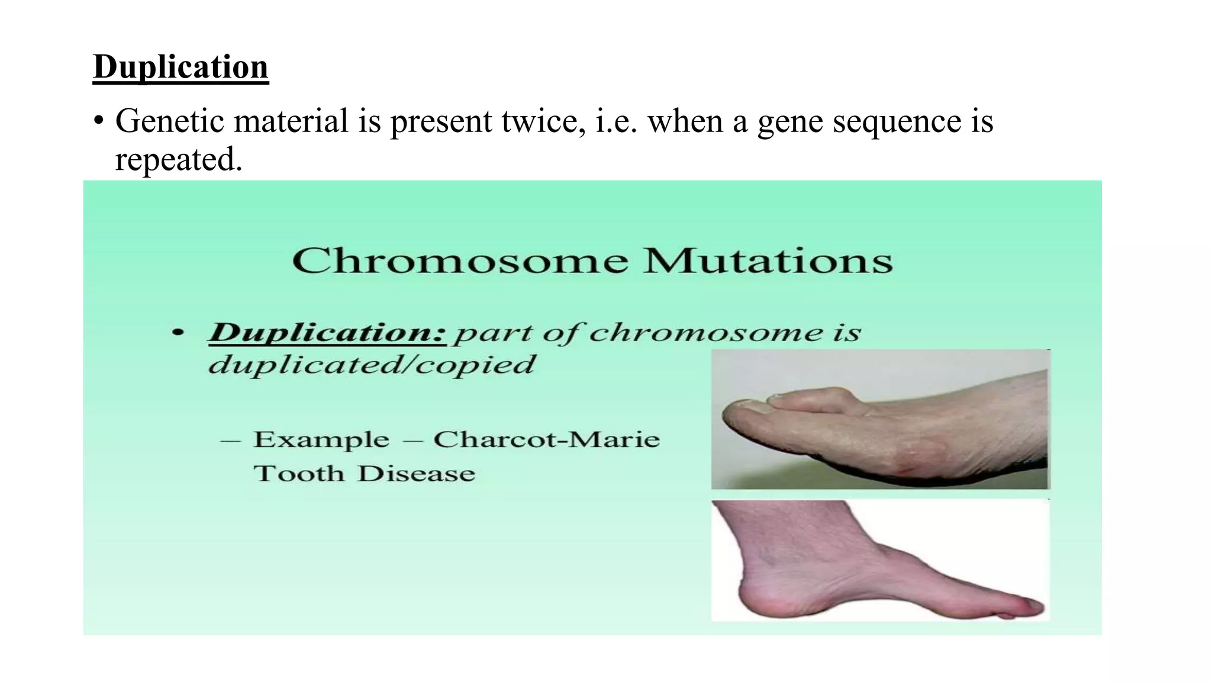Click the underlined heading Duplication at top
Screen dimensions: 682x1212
point(180,67)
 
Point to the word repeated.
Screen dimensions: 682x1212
point(178,159)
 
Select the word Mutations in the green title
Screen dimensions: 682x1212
point(768,260)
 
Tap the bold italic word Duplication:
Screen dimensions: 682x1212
point(327,332)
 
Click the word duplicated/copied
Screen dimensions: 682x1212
point(372,364)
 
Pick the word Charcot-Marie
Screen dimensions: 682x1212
point(546,439)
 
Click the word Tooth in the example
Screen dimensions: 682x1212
point(299,474)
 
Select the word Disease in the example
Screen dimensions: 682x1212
point(416,474)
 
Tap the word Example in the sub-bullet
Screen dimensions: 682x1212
point(321,439)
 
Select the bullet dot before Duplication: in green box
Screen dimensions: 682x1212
point(178,333)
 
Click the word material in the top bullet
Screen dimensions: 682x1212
point(291,121)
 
